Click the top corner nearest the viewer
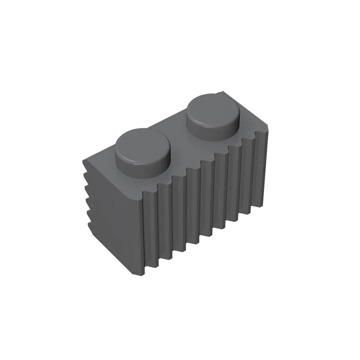(x=143, y=198)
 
